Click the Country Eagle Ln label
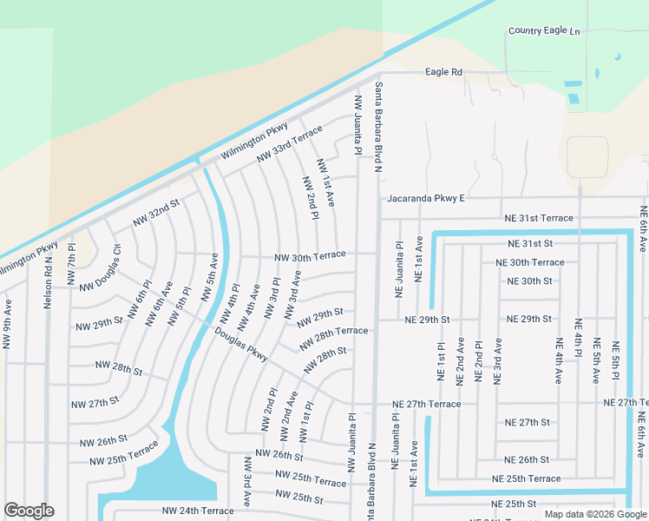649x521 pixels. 544,31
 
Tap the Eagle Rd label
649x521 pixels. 442,72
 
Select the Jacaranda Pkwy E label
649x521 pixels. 426,198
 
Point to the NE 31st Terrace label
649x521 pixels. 540,218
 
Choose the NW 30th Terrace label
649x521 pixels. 310,255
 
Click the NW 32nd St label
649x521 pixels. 156,213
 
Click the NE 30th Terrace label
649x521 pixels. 529,262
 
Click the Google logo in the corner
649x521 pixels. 29,511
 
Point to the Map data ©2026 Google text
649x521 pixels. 595,514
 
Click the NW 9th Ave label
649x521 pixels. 8,325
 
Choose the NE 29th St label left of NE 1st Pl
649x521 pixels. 427,320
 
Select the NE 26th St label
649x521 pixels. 528,459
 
